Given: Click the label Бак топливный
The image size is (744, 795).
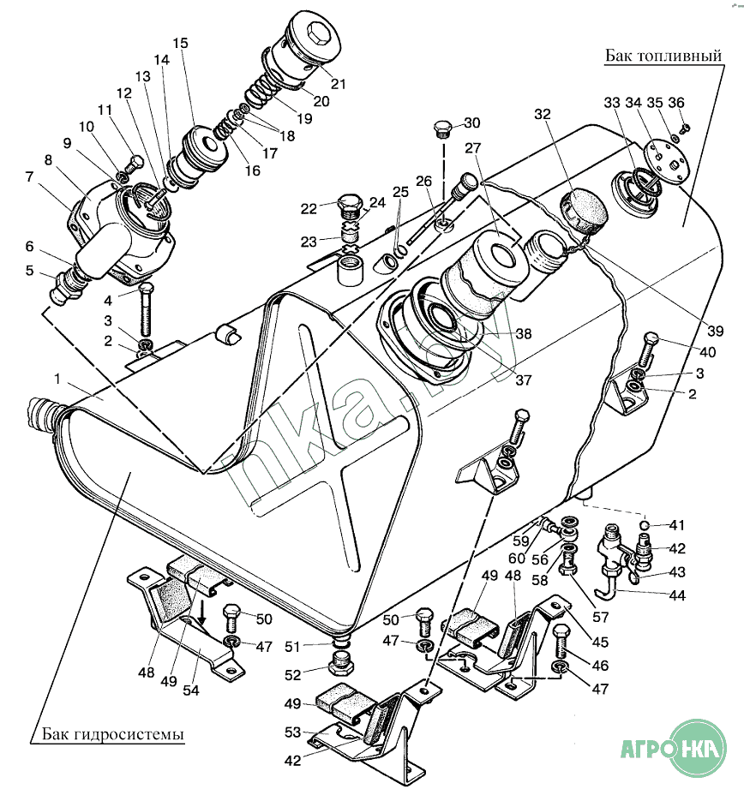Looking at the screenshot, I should tap(660, 56).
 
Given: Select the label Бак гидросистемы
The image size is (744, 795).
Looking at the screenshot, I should tap(112, 735).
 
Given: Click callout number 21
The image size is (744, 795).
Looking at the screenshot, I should tap(338, 84).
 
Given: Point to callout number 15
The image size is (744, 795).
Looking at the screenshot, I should tap(179, 43).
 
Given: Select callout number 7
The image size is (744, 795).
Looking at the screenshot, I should tap(31, 177).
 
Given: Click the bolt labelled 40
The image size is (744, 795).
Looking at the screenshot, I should tap(648, 348).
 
